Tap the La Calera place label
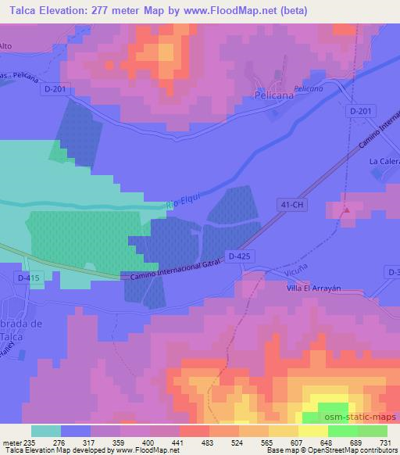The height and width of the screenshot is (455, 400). tap(383, 162)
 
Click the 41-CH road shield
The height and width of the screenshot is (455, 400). tap(289, 203)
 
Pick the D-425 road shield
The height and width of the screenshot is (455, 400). tap(238, 255)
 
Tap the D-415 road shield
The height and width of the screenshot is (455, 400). tap(16, 278)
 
